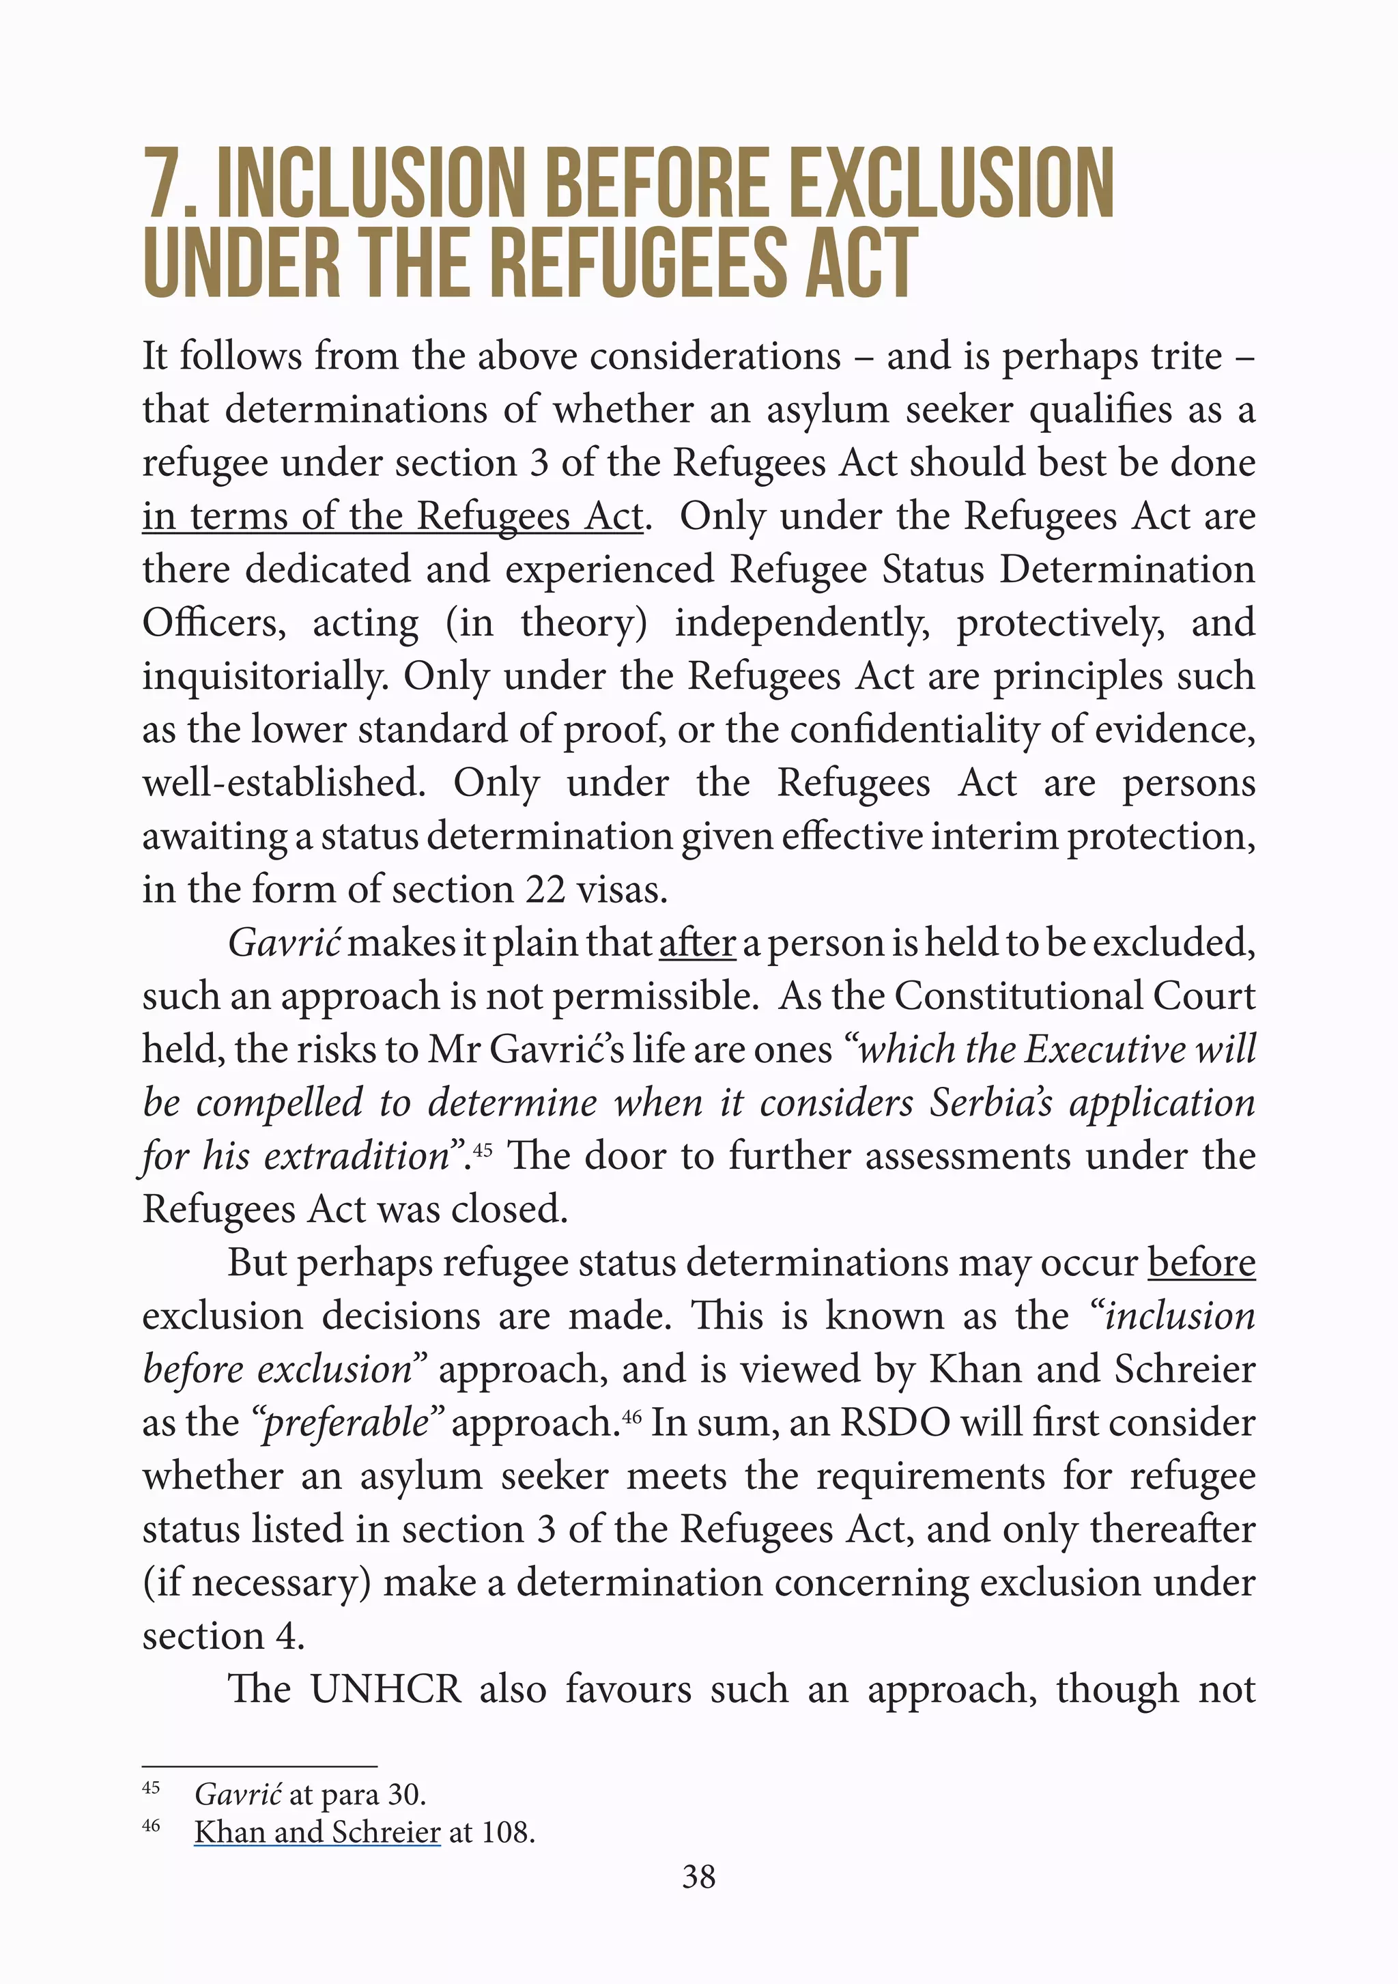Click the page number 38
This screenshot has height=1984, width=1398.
point(698,1876)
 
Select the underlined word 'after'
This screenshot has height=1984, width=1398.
point(696,943)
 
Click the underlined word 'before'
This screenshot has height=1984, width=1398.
point(1201,1262)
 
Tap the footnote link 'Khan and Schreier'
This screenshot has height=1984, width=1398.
point(317,1832)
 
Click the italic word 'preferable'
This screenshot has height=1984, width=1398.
point(345,1422)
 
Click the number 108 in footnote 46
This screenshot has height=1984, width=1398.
point(505,1832)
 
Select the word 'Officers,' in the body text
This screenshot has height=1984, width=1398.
point(214,623)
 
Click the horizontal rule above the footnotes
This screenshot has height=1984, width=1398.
point(259,1766)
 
